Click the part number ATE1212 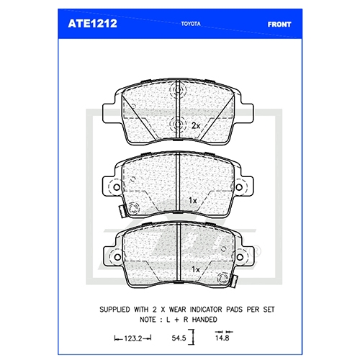click(x=92, y=24)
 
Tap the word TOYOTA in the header click(x=191, y=24)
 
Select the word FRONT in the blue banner click(x=279, y=24)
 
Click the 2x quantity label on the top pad click(x=196, y=125)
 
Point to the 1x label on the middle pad click(x=193, y=200)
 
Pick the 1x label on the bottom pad click(x=196, y=269)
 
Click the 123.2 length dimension click(x=133, y=338)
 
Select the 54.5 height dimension click(x=179, y=338)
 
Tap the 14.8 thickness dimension click(x=222, y=338)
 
